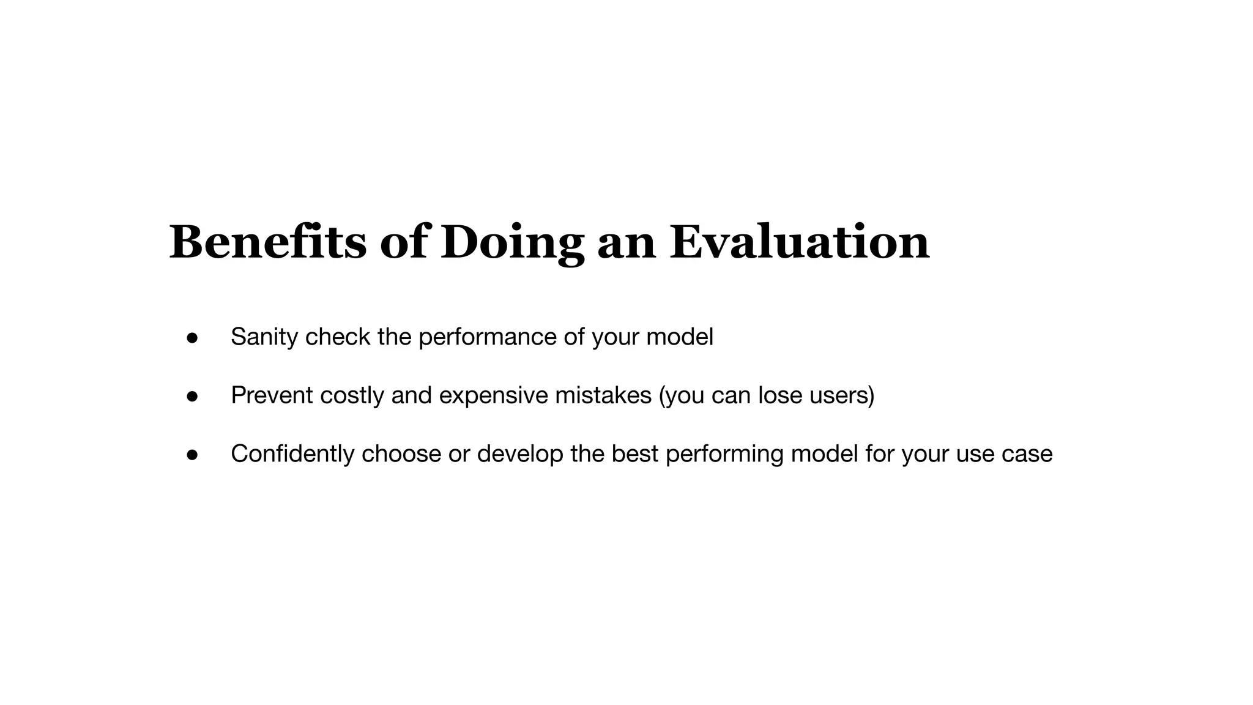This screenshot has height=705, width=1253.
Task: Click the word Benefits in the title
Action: pos(267,242)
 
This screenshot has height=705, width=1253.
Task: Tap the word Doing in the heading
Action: pos(512,244)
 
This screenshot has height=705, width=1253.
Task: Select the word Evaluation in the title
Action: pos(799,242)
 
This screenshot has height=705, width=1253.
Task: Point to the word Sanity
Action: pos(264,337)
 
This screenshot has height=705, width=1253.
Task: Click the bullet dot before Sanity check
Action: pos(192,338)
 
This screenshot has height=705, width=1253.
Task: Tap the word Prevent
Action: pos(272,395)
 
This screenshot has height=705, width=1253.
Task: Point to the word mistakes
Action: pos(603,395)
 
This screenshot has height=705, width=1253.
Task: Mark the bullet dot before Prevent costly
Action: pos(192,397)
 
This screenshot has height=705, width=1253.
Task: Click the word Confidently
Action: pos(292,454)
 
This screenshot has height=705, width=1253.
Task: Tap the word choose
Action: pos(401,454)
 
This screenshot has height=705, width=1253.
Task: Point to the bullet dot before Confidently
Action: pos(192,455)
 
